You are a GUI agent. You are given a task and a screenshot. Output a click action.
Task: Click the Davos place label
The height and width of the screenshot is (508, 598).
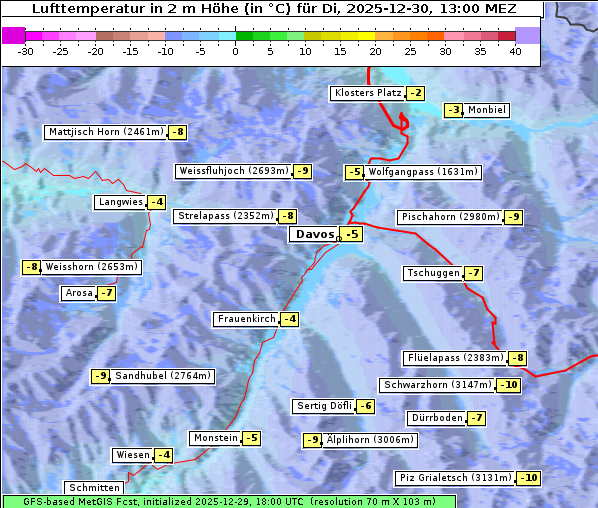[313, 235]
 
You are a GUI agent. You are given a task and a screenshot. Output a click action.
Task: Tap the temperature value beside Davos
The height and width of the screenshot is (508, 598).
[351, 235]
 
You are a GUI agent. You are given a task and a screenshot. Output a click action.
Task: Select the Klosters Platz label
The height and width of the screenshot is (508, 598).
[367, 93]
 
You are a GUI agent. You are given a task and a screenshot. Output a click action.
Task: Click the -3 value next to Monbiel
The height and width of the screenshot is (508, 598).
[454, 110]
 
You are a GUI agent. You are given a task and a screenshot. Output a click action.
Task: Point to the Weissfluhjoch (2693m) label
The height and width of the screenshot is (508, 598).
[233, 172]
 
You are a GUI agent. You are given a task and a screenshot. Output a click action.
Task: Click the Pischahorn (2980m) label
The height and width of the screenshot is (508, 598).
[449, 217]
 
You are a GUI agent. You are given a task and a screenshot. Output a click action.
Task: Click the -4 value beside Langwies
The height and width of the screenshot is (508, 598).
[156, 202]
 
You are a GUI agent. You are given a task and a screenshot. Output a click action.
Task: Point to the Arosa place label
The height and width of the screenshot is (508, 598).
[77, 293]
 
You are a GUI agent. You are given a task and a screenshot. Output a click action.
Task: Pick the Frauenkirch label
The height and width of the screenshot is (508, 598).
[245, 319]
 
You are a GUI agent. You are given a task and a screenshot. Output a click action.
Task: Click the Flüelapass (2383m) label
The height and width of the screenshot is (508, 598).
[454, 358]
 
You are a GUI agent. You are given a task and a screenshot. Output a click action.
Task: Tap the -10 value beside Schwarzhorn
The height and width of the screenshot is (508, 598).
[509, 385]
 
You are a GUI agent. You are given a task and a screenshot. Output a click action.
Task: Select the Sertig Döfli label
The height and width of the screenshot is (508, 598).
[323, 406]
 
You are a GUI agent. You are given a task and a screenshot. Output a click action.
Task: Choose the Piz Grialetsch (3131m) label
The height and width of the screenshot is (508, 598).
[455, 478]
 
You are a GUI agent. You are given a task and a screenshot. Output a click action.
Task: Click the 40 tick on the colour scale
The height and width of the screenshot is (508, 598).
[515, 51]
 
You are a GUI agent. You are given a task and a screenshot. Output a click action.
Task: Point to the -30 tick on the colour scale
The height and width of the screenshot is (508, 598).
[27, 51]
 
